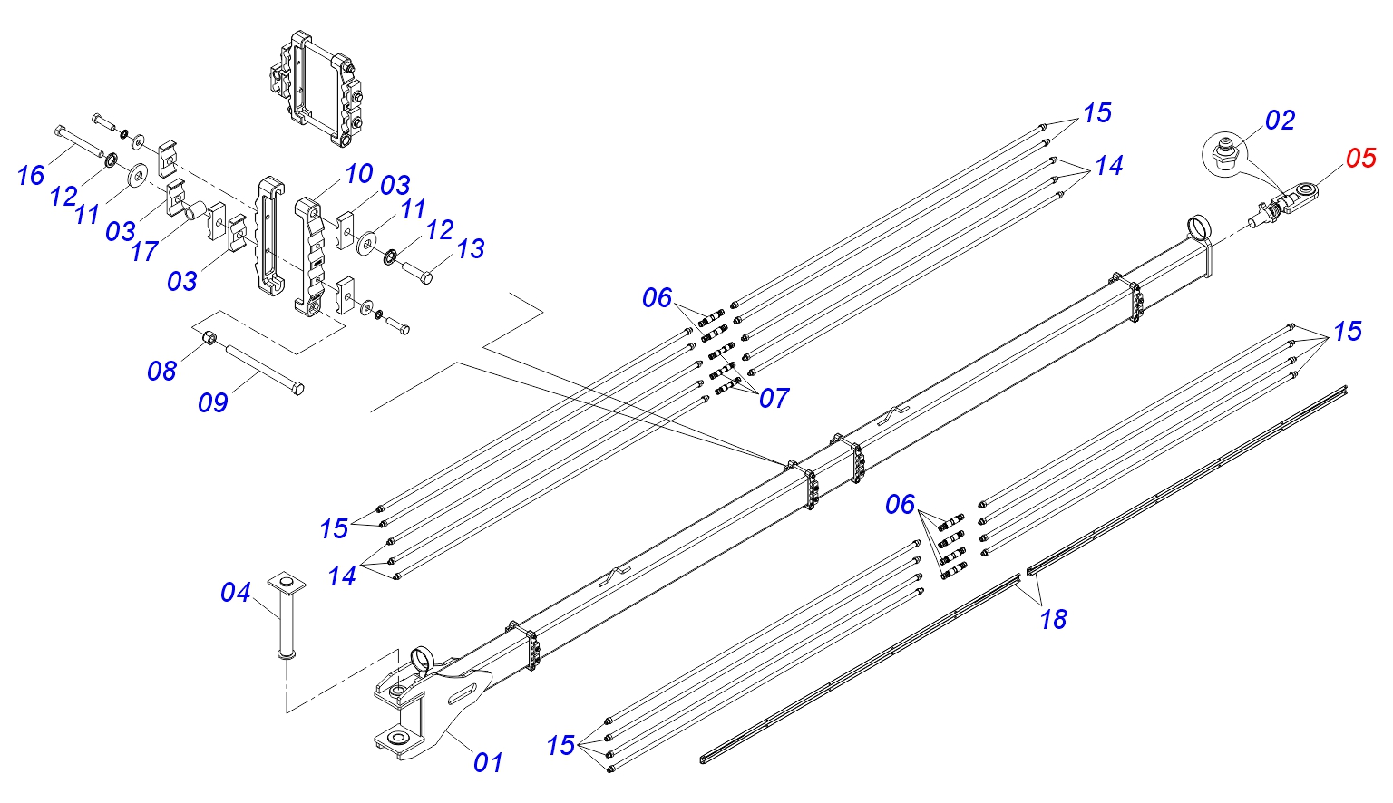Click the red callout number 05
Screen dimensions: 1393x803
tap(1360, 159)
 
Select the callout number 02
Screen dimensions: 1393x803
tap(1280, 121)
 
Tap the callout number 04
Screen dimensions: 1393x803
tap(236, 593)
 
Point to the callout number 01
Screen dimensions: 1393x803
tap(488, 762)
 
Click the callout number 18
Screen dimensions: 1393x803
tap(1054, 619)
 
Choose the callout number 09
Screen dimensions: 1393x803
tap(213, 403)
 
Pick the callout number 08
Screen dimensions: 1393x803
tap(161, 371)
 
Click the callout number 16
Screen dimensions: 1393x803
tap(31, 175)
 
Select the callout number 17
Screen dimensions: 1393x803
tap(144, 252)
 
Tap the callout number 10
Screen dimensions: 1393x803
tap(359, 173)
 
